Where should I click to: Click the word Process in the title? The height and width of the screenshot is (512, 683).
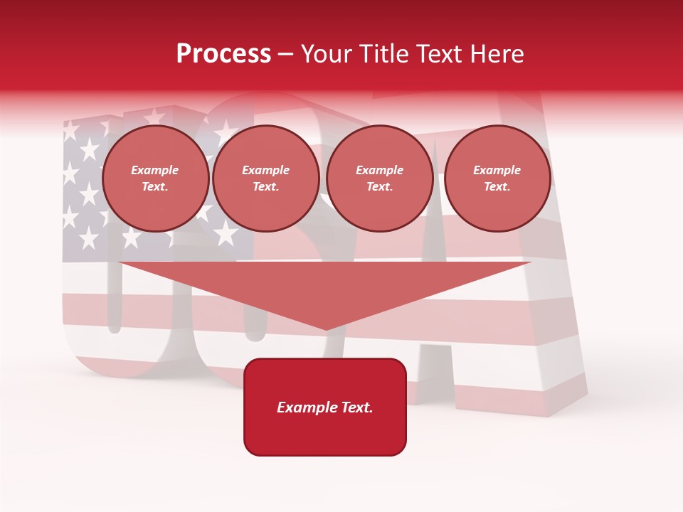tap(223, 54)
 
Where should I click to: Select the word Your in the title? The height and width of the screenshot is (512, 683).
tap(328, 54)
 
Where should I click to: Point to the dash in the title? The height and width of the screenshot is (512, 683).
tap(286, 55)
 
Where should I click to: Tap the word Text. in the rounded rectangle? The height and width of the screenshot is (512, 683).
tap(356, 407)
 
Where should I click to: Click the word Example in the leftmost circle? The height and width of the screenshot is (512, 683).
tap(155, 170)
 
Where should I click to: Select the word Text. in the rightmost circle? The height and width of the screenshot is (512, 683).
tap(497, 186)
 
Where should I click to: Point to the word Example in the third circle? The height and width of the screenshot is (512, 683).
tap(379, 170)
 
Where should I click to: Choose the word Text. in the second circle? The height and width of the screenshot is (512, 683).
tap(265, 186)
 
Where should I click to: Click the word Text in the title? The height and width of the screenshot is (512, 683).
tap(434, 54)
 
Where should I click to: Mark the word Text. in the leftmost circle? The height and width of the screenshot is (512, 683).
tap(155, 186)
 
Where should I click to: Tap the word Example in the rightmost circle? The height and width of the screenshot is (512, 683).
tap(497, 170)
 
